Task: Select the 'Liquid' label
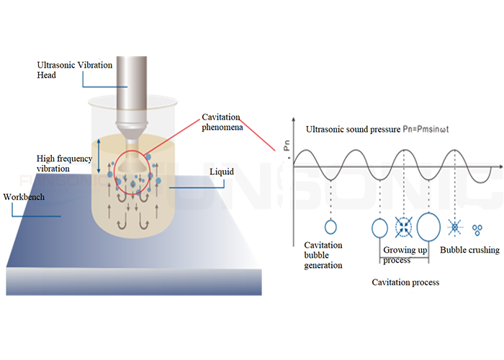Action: click(x=220, y=173)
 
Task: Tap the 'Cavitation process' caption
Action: click(x=405, y=282)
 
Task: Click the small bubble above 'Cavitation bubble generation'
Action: click(x=330, y=228)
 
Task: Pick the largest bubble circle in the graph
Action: click(x=428, y=228)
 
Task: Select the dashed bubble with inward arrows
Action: click(x=404, y=228)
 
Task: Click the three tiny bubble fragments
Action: click(x=475, y=229)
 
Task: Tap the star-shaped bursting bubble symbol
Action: click(x=454, y=228)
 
